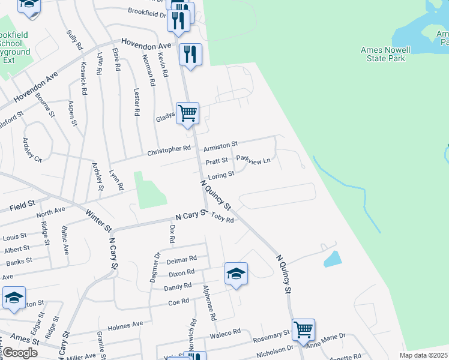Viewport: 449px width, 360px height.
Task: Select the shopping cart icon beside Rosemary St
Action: coord(304,329)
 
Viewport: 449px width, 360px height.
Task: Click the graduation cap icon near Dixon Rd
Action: coord(237,274)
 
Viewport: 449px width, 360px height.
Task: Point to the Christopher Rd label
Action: coord(170,149)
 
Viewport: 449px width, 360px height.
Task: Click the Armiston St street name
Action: coord(220,145)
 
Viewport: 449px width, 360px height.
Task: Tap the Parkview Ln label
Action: coord(253,159)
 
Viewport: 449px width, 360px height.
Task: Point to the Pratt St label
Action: coord(217,161)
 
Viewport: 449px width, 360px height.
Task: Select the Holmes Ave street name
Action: coord(125,326)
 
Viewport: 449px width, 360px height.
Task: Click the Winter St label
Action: coord(98,220)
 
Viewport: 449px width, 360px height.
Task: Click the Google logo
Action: coord(20,352)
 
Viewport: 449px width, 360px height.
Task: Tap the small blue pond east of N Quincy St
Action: coord(332,259)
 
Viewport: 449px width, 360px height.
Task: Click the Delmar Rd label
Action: coord(182,259)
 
